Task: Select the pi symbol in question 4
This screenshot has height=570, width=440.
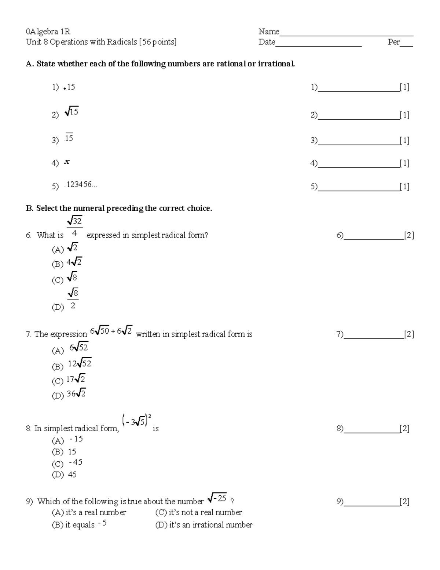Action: point(67,162)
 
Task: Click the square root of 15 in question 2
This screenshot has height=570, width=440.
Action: point(71,112)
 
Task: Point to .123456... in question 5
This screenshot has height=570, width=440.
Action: point(81,185)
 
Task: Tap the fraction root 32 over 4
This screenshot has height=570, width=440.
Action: point(74,227)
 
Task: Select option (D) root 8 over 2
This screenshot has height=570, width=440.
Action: point(73,299)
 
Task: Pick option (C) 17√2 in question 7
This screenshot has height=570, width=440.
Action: point(76,379)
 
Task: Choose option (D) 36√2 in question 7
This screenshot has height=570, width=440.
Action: point(76,394)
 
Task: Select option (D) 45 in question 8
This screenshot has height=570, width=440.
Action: point(72,475)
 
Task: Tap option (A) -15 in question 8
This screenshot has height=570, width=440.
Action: point(76,439)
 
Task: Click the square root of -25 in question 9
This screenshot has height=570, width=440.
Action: point(217,498)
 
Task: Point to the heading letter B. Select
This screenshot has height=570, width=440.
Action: point(29,208)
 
